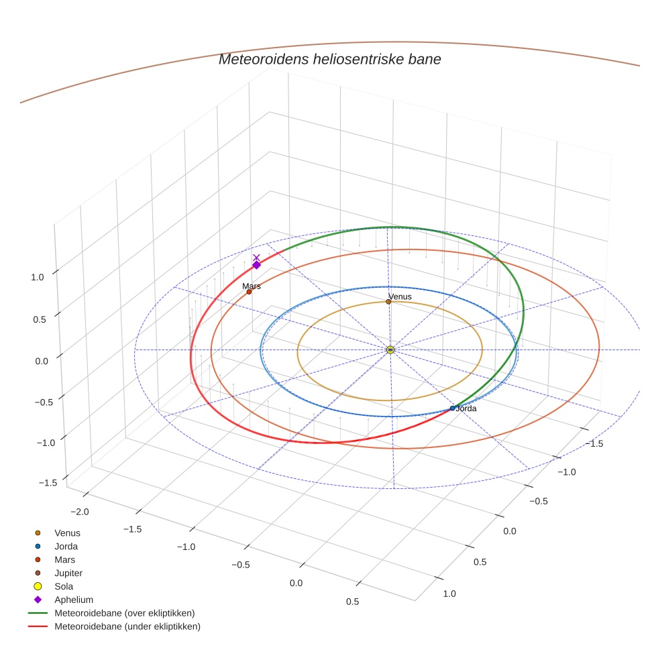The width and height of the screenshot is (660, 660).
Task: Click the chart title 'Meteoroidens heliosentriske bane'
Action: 329,59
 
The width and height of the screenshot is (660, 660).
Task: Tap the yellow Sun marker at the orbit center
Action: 390,349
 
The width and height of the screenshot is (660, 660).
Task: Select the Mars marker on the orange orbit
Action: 249,292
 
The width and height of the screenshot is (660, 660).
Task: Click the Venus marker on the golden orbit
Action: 388,302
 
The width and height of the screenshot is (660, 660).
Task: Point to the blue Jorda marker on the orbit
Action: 452,408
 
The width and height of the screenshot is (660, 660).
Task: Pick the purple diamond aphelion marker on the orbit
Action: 256,265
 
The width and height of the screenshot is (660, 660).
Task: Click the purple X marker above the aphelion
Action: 256,258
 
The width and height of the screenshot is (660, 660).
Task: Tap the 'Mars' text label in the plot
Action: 252,286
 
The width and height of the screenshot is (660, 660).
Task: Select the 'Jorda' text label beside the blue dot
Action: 465,408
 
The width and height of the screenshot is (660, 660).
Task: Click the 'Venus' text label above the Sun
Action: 400,296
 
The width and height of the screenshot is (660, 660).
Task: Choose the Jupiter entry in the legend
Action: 68,573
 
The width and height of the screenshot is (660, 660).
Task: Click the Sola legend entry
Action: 64,586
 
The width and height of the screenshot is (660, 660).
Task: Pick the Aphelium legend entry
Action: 73,600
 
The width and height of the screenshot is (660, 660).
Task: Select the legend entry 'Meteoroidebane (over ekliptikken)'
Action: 124,613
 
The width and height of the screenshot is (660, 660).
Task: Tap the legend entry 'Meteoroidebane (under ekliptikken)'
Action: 127,626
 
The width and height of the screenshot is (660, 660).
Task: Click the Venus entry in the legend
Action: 67,533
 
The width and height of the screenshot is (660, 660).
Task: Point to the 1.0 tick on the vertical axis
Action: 38,276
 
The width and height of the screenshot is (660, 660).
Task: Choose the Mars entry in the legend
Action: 64,559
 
